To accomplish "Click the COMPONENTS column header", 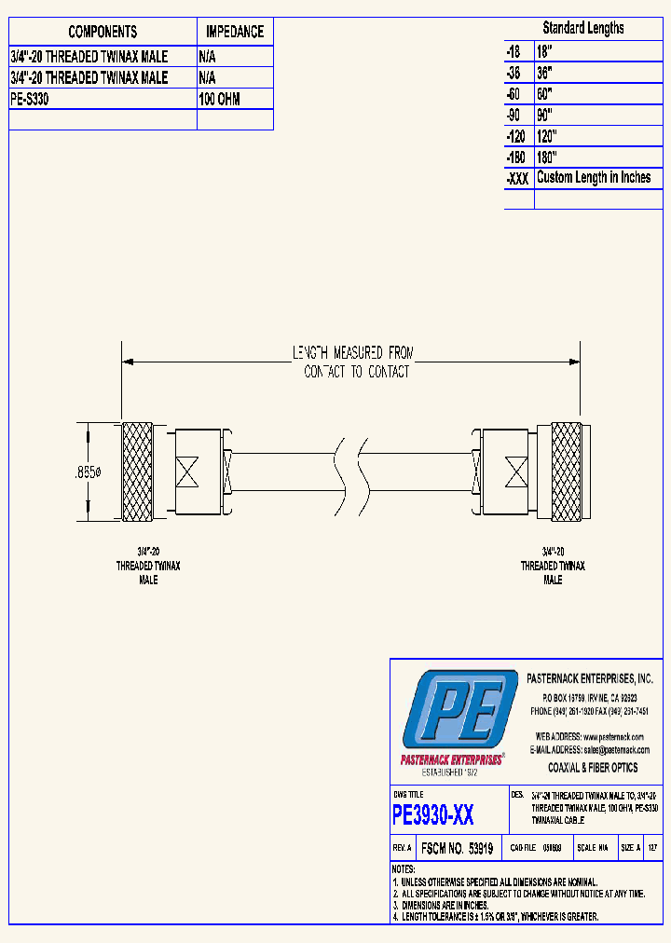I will click(103, 32).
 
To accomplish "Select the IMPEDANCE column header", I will click(234, 32).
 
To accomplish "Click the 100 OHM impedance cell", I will click(219, 99).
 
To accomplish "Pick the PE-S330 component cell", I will click(29, 99).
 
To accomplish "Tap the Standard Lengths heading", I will click(583, 28).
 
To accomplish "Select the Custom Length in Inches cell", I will click(594, 177).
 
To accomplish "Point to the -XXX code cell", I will click(517, 178).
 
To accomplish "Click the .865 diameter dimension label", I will click(88, 473).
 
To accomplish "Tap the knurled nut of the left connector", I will click(138, 472).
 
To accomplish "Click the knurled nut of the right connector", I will click(566, 472).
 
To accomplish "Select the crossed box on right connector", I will click(514, 472).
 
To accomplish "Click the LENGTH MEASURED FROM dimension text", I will click(353, 353).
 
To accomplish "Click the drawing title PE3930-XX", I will click(433, 815).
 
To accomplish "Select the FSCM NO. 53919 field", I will click(457, 849).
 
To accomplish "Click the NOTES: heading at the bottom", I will click(404, 868).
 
